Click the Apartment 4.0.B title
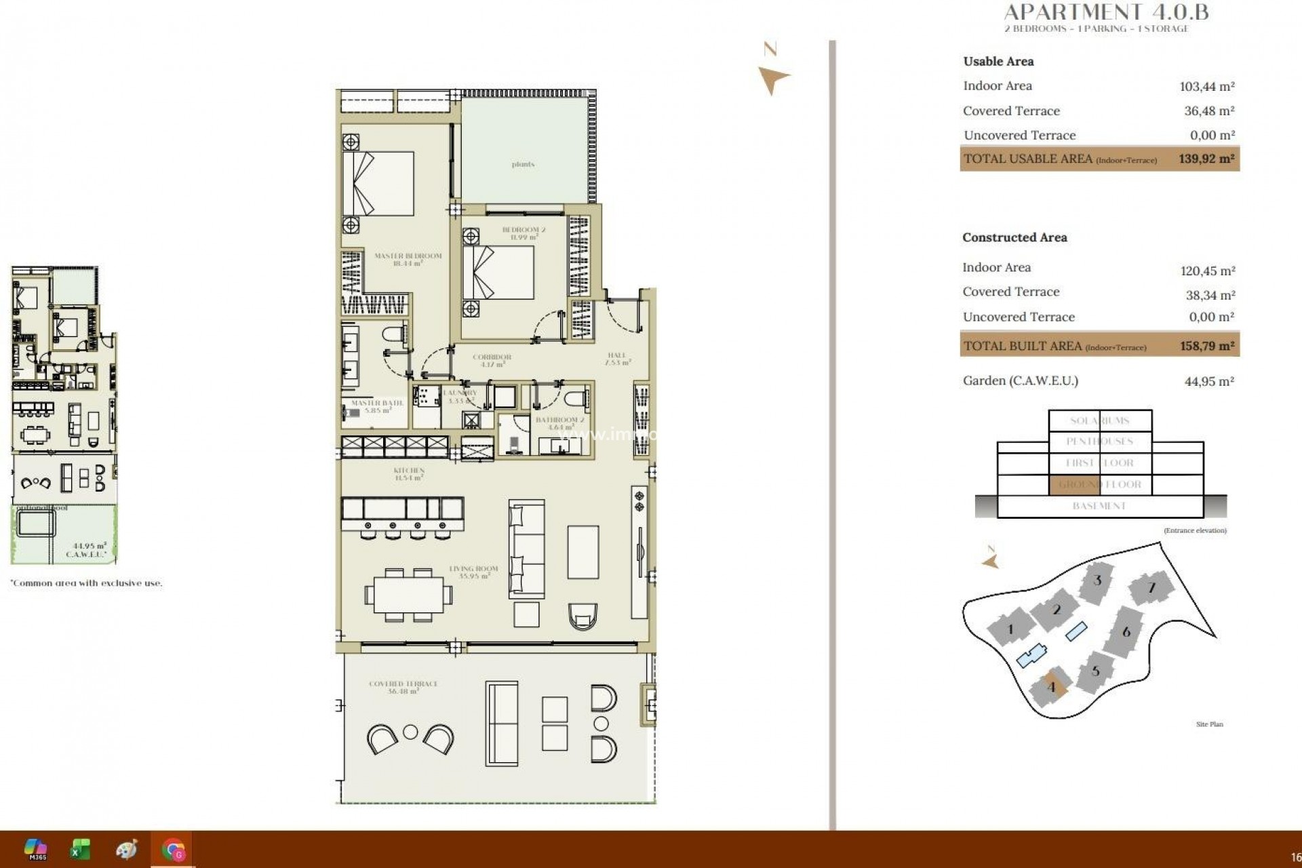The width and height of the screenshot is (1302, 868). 1105,12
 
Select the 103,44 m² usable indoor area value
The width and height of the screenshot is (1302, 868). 1206,86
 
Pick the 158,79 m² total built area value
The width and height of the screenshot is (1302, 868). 1206,346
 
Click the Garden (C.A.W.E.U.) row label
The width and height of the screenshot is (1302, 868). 1020,380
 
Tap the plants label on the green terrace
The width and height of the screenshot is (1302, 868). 523,164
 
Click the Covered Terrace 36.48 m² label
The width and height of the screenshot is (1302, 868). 403,687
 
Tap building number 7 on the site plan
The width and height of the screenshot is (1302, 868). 1151,588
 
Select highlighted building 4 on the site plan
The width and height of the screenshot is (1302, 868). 1051,687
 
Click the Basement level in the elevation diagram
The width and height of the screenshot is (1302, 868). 1099,506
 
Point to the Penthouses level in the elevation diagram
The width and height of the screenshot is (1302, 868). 1099,441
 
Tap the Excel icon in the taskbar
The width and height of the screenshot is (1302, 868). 81,849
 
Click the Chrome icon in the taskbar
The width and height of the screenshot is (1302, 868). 173,849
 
